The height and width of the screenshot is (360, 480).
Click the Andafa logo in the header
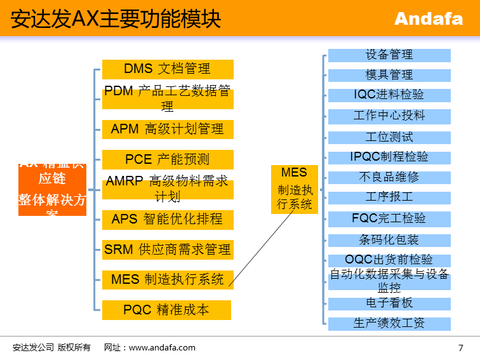(x=429, y=19)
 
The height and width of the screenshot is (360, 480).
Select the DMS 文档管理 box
(x=168, y=69)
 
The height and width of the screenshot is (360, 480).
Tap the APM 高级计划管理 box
(x=168, y=130)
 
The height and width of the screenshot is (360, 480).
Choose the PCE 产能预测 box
(x=168, y=159)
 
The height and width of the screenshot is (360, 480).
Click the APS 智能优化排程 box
(x=168, y=220)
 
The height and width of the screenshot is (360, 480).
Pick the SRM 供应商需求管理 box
(x=168, y=250)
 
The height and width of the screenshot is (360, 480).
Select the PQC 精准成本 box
(x=166, y=310)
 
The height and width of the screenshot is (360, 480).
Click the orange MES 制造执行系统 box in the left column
(x=168, y=279)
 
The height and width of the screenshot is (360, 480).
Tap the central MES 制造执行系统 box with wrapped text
(x=295, y=189)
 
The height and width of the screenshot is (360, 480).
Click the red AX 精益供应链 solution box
(x=52, y=189)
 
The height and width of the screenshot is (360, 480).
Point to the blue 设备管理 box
(x=389, y=55)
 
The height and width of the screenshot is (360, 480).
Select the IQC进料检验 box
(x=389, y=95)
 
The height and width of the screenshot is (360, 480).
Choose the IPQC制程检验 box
(x=389, y=157)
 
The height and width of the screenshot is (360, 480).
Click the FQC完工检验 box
(x=389, y=218)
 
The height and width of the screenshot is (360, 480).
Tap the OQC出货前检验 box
(x=389, y=260)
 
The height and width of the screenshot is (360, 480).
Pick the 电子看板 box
(x=389, y=303)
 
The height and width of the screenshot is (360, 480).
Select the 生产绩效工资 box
(x=389, y=323)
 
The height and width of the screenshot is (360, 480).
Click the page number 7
(x=460, y=347)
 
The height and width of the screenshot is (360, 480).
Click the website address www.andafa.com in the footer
(x=162, y=347)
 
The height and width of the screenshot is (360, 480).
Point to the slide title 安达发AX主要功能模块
(x=116, y=19)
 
